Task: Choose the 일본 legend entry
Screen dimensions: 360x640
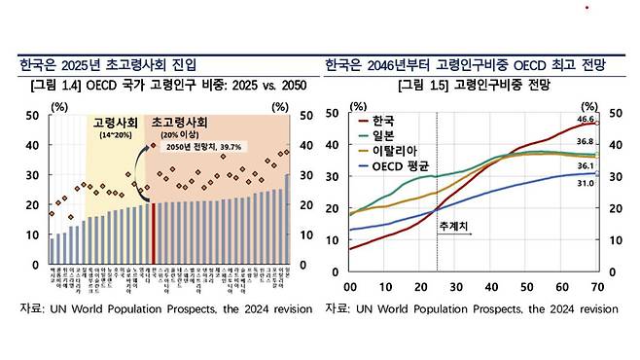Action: tap(390, 136)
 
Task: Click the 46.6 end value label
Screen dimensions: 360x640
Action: tap(584, 119)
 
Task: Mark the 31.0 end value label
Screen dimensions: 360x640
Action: tap(584, 184)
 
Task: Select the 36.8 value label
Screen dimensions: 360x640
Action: tap(584, 142)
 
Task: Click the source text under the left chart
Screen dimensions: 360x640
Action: tap(167, 308)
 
